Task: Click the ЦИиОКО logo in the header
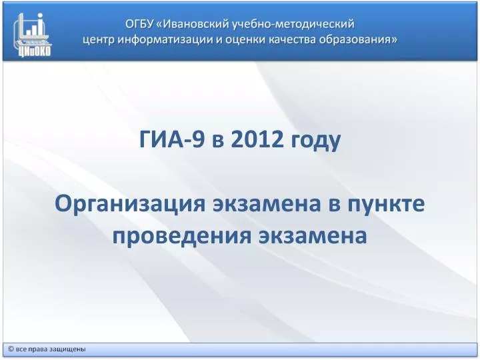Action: pos(33,35)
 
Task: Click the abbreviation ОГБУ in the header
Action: pos(139,23)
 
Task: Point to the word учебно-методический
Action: pos(293,24)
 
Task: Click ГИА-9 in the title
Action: pos(172,139)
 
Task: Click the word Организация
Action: pos(130,205)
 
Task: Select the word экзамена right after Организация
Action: pos(267,205)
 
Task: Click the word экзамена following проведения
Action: pos(313,236)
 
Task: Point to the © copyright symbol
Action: pos(11,349)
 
